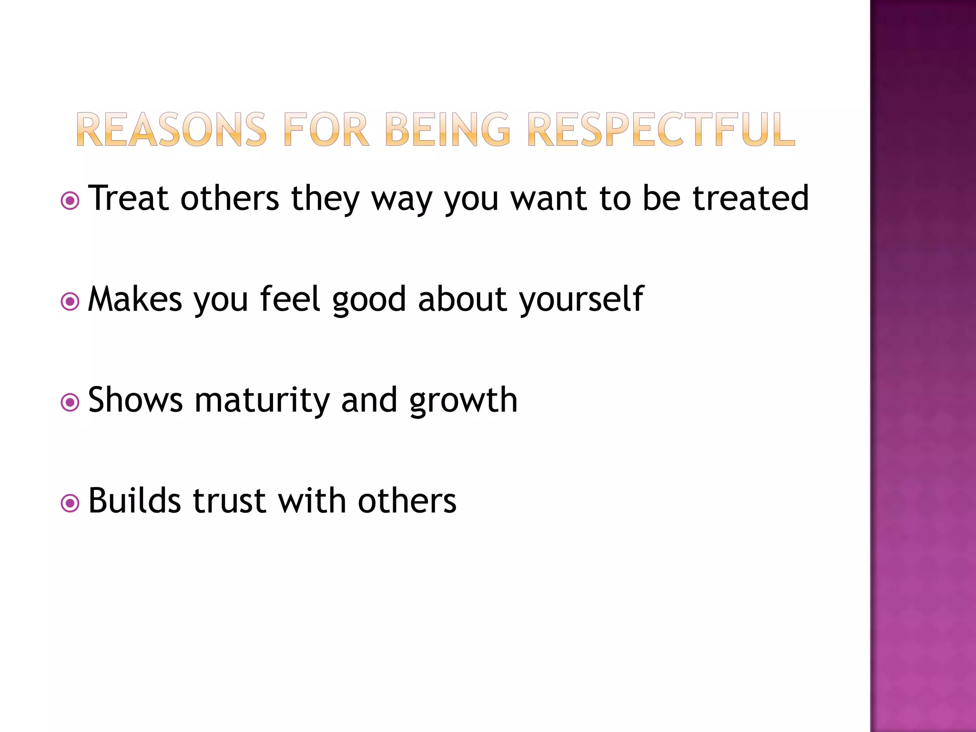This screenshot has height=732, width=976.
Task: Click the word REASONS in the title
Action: click(x=171, y=130)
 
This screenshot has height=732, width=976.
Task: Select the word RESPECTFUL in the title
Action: click(x=661, y=130)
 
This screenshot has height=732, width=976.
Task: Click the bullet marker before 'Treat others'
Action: click(x=70, y=201)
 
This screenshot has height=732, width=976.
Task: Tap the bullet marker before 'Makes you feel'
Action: click(x=70, y=302)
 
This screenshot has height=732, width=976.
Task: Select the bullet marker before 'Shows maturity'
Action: click(x=70, y=403)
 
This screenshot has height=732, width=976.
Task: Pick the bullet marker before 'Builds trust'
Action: click(x=70, y=503)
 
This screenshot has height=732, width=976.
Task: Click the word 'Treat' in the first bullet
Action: click(x=128, y=198)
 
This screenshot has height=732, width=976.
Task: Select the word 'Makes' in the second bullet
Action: click(x=135, y=299)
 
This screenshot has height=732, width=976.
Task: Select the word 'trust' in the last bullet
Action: click(x=229, y=501)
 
